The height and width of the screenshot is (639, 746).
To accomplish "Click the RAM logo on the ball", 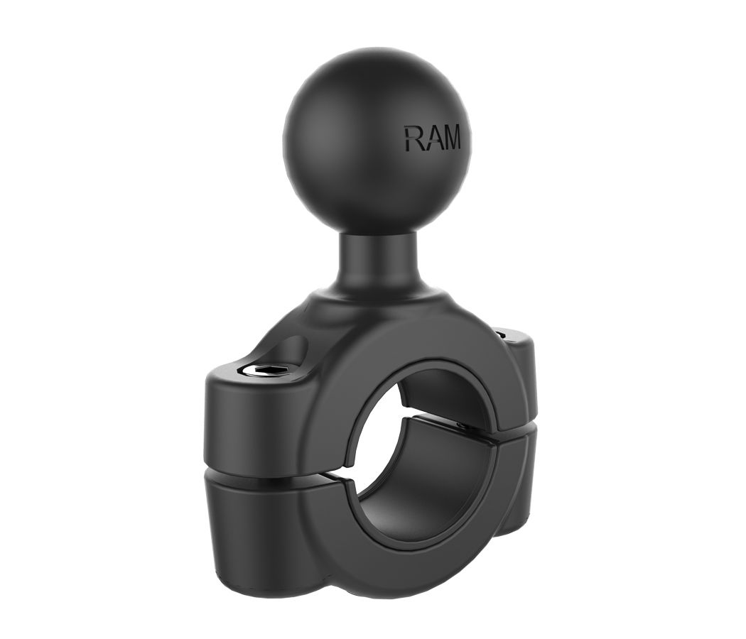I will (433, 138).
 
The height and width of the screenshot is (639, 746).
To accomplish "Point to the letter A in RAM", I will (431, 138).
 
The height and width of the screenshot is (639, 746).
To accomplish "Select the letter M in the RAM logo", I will (450, 138).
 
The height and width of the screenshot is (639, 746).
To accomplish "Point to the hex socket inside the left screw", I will (270, 369).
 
